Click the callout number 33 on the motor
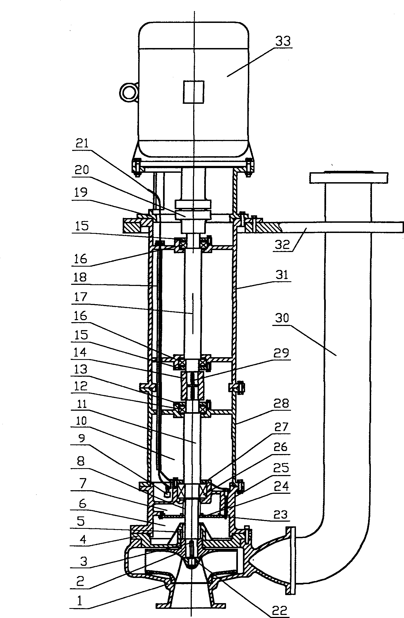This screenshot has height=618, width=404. click(x=283, y=41)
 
